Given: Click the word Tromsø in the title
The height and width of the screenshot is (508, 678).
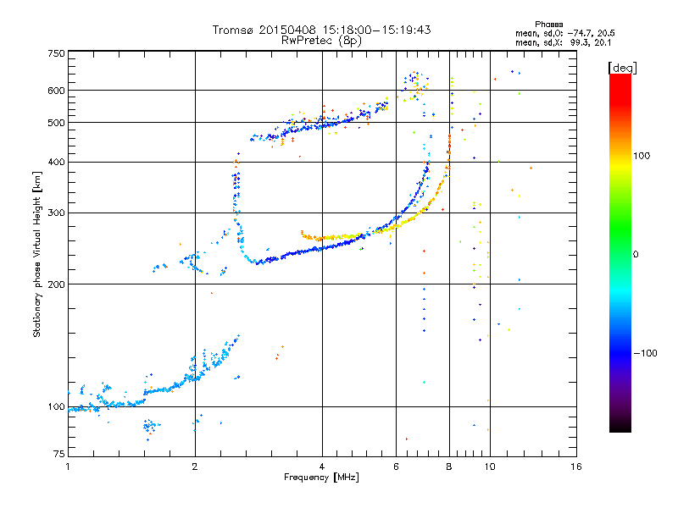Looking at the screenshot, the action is [x=234, y=30].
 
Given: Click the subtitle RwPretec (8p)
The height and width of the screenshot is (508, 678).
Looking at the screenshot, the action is [x=321, y=41].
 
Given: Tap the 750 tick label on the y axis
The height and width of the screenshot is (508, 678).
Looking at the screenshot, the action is [x=57, y=53].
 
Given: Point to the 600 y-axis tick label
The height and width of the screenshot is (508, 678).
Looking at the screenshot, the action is [x=57, y=91].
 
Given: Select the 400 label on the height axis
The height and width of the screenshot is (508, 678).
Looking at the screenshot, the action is [x=57, y=162].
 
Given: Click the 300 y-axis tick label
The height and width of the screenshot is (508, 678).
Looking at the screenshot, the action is [x=57, y=213].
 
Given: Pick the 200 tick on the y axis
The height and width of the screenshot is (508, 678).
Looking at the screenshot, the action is [x=57, y=284].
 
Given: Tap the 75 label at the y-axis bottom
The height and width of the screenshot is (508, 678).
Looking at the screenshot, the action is [x=59, y=454].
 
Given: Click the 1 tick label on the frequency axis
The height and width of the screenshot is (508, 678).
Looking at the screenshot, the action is [x=68, y=467].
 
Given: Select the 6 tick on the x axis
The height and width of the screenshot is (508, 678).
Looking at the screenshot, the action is [x=396, y=467].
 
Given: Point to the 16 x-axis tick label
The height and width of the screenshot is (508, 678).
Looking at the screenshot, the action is [x=576, y=467].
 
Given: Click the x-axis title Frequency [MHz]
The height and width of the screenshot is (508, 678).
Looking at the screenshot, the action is [x=321, y=478].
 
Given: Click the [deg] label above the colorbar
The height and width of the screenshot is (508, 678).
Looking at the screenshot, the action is [x=623, y=68].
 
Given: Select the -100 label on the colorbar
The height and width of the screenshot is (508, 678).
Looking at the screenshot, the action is [x=646, y=353].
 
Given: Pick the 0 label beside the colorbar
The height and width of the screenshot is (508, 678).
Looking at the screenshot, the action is [x=636, y=255].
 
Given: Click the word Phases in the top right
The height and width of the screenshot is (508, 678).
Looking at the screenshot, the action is [x=548, y=25].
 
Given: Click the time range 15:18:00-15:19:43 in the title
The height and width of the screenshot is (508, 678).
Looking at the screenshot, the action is [x=376, y=30].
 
